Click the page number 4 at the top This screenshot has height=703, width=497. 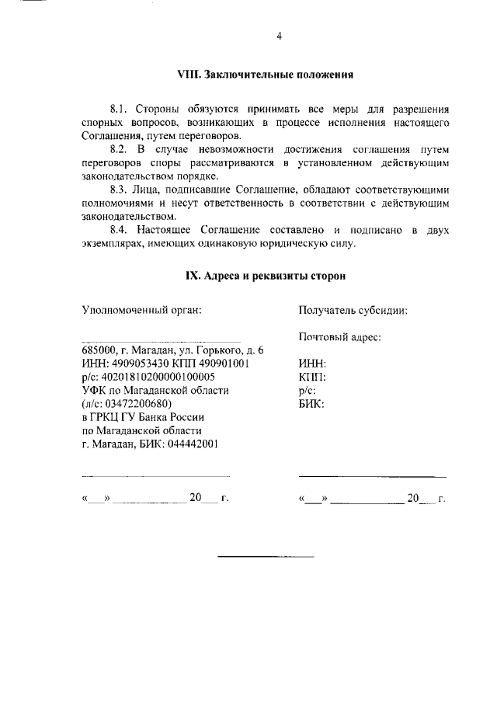pyautogui.click(x=278, y=36)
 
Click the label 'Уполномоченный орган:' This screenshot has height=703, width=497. pyautogui.click(x=141, y=311)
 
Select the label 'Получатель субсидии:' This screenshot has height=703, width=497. pyautogui.click(x=353, y=311)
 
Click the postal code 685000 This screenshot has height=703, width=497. pyautogui.click(x=99, y=350)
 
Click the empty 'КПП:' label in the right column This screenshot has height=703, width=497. pyautogui.click(x=312, y=377)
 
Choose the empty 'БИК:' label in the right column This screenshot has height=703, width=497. pyautogui.click(x=311, y=404)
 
